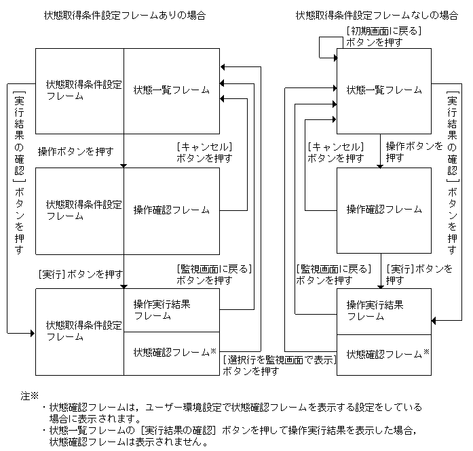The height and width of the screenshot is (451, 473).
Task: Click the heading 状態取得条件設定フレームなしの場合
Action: [x=377, y=15]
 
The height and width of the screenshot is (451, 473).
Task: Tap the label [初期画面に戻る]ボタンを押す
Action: [x=383, y=36]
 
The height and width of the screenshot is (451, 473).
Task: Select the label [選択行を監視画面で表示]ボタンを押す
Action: [x=280, y=366]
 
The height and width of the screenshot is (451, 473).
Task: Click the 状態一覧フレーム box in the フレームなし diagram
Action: [x=384, y=90]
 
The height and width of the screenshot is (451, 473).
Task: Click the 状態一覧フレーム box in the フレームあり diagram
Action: [x=172, y=90]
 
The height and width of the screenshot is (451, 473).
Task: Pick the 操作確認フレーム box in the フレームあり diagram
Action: [x=172, y=210]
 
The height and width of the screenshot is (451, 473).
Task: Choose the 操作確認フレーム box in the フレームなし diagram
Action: [x=384, y=210]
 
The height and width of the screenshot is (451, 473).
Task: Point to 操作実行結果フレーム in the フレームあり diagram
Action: [x=172, y=310]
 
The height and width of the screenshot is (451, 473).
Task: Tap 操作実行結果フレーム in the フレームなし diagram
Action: [x=384, y=311]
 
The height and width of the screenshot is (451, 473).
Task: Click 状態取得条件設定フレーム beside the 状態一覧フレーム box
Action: [x=79, y=90]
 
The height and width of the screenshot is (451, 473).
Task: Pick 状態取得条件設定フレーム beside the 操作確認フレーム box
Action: [x=79, y=210]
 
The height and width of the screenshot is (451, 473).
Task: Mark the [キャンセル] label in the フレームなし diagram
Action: [x=335, y=146]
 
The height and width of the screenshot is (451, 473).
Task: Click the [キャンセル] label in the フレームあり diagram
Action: [x=204, y=146]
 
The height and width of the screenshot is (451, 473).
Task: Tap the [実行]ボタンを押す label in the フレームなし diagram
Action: [x=419, y=269]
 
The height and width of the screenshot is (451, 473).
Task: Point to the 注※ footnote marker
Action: [x=31, y=395]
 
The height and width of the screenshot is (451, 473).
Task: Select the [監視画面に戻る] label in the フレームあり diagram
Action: [x=214, y=269]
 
